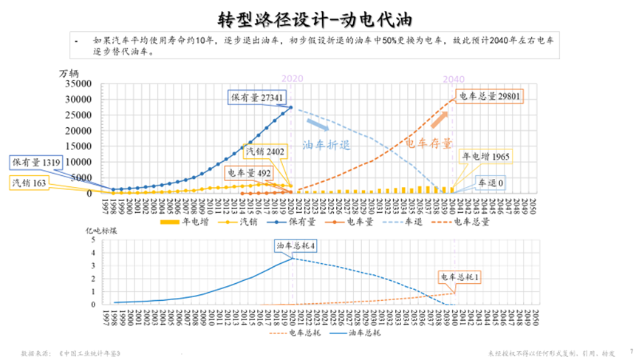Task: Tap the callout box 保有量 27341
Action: (x=256, y=97)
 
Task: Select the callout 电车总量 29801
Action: (x=489, y=96)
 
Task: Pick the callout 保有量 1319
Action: (x=34, y=162)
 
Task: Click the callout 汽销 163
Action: (x=28, y=182)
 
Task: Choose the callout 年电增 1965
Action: (x=486, y=157)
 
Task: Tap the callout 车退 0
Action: (x=490, y=183)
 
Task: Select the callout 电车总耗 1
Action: (x=461, y=277)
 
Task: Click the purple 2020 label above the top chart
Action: (x=293, y=78)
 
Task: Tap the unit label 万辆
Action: (x=68, y=72)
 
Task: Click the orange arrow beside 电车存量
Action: (x=439, y=118)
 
